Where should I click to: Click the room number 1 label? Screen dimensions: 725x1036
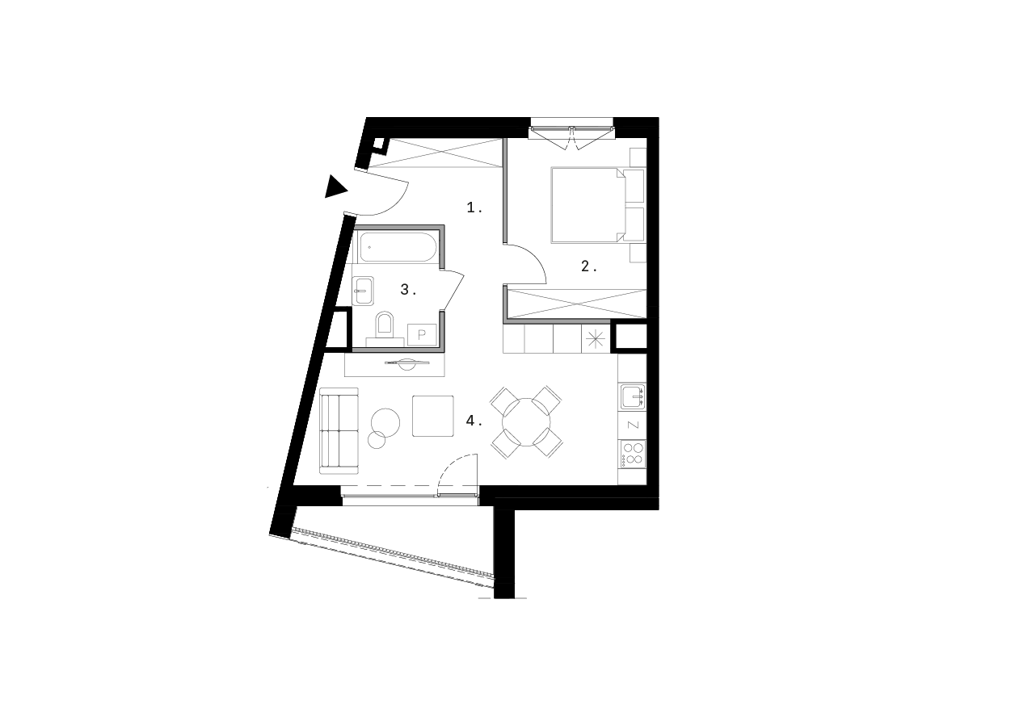point(474,208)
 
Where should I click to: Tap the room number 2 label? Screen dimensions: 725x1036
point(589,266)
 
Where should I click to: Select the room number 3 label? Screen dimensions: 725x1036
point(408,290)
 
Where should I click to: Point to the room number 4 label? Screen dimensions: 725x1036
point(474,421)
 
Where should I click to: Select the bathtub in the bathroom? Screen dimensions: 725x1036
point(398,247)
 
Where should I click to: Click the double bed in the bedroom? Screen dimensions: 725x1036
point(587,204)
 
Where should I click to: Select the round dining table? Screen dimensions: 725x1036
point(526,421)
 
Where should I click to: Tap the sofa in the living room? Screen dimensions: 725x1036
point(339,430)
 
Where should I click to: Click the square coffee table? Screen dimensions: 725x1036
point(434,415)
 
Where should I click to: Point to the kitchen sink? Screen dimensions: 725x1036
point(633,396)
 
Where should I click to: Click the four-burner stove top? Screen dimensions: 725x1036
point(632,453)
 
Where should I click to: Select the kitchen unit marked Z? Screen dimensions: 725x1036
point(632,425)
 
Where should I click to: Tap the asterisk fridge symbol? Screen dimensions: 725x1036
point(596,339)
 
